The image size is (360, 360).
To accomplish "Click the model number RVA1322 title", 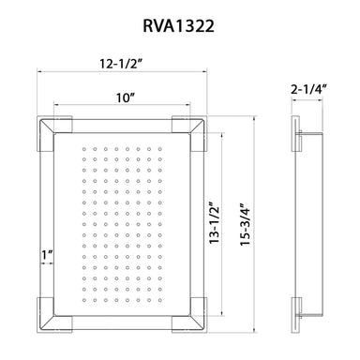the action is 178,25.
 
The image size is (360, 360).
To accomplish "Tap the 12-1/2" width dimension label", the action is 121,64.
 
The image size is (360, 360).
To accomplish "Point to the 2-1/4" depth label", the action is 308,90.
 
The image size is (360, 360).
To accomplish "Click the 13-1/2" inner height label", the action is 215,224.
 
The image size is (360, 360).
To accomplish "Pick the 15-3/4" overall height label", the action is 246,224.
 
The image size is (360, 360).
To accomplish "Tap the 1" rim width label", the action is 47,255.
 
